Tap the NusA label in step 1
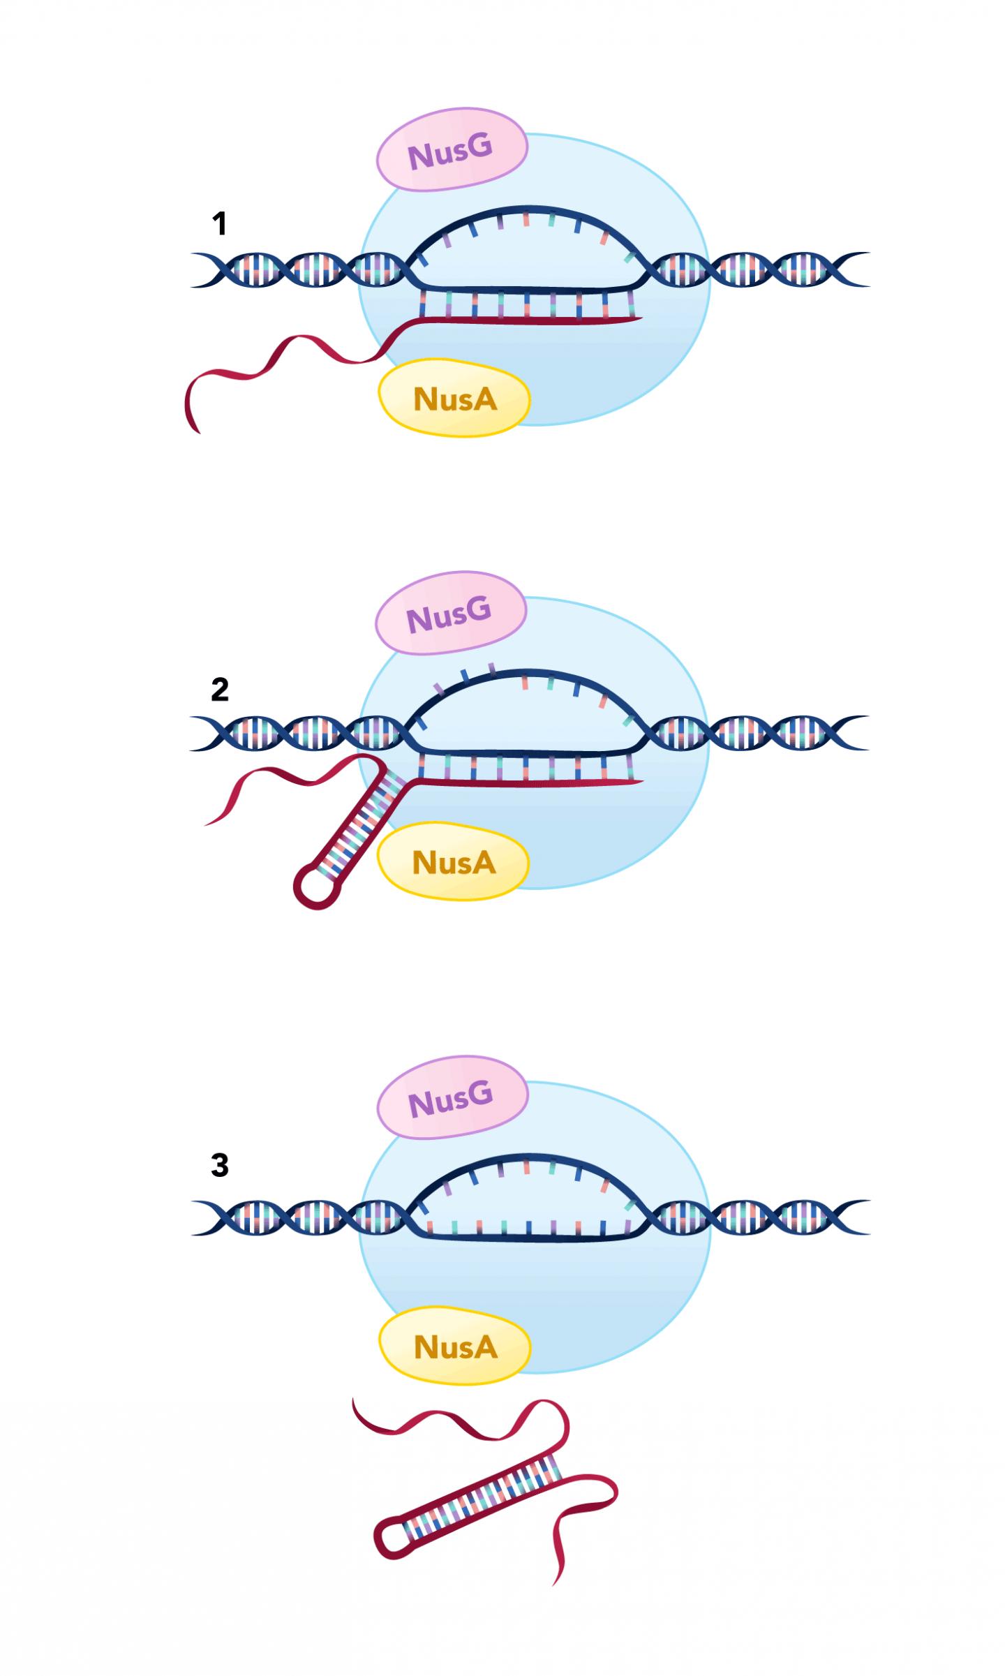tap(455, 399)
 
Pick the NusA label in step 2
tap(454, 863)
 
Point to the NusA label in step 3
tap(456, 1347)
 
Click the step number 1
tap(219, 224)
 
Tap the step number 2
tap(219, 690)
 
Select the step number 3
tap(219, 1165)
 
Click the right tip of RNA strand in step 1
tap(639, 320)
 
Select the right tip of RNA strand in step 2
tap(639, 782)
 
